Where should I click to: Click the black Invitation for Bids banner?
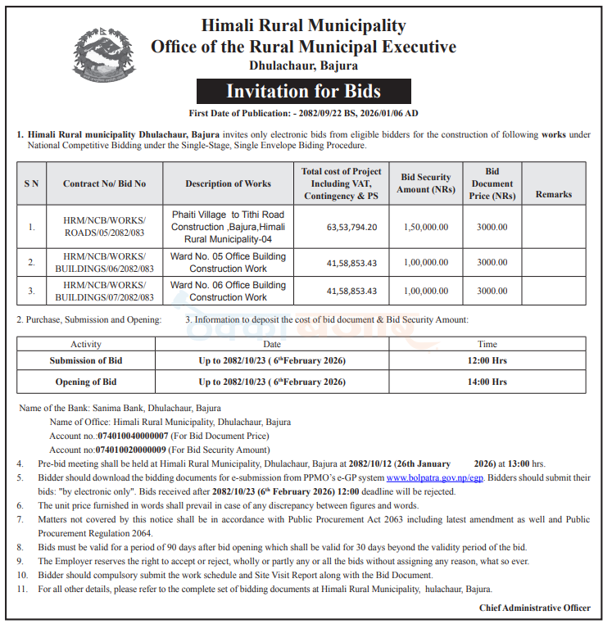click(x=303, y=91)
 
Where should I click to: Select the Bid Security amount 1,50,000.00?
click(x=425, y=227)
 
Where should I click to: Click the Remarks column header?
click(x=554, y=194)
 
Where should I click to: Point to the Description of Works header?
click(x=228, y=183)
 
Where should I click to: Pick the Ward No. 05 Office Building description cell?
click(x=228, y=262)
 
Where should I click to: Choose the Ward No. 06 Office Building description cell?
click(x=228, y=291)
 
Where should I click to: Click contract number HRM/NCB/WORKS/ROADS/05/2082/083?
click(x=104, y=227)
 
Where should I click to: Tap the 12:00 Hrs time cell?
click(x=487, y=360)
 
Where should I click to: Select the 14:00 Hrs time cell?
click(x=487, y=382)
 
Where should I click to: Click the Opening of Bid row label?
click(x=86, y=382)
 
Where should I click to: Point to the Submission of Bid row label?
click(x=86, y=360)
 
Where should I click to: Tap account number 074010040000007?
click(x=132, y=436)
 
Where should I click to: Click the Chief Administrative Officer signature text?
click(x=534, y=608)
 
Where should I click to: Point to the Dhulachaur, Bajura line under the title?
click(x=303, y=66)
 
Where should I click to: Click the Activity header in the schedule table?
click(x=86, y=345)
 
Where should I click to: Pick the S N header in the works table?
click(x=31, y=183)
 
